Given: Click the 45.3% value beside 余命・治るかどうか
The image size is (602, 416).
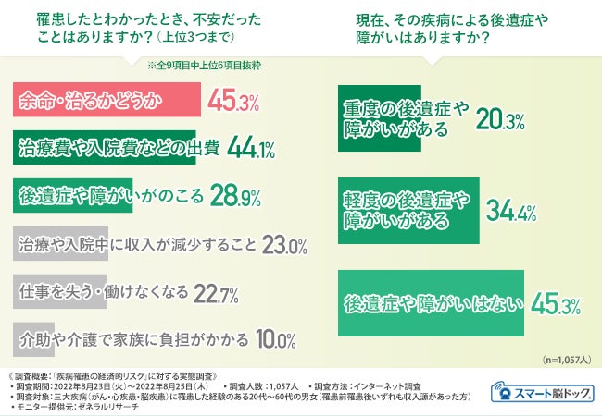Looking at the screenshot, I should pyautogui.click(x=234, y=101).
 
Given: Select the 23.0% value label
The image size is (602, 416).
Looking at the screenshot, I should pyautogui.click(x=284, y=246).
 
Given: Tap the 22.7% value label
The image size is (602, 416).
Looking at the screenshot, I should pyautogui.click(x=216, y=294).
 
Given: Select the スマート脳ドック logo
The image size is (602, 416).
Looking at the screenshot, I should pyautogui.click(x=543, y=390).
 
